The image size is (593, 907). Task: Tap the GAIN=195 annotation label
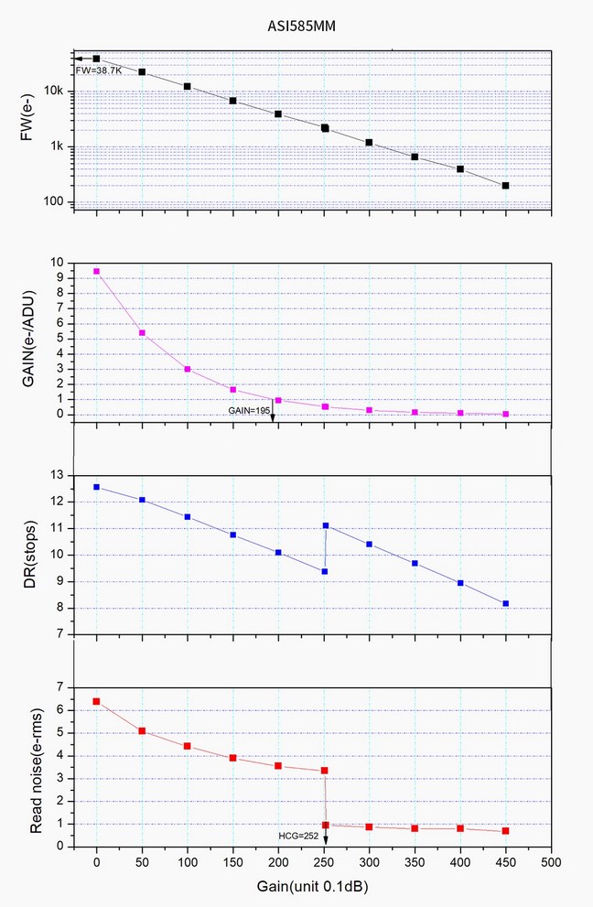coord(249,412)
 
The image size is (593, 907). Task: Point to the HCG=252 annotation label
coord(299,835)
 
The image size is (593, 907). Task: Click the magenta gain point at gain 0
coord(96,271)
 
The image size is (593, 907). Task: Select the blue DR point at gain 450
coord(505,603)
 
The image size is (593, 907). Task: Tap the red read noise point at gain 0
coord(96,701)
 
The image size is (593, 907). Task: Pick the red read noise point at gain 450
coord(505,830)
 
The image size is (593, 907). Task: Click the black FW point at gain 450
coord(505,186)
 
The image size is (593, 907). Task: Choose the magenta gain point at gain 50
coord(142,332)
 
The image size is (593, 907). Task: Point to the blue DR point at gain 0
coord(96,487)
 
